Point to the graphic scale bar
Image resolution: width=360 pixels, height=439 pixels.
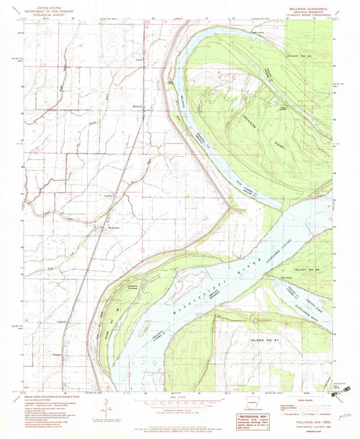[x=180, y=404]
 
